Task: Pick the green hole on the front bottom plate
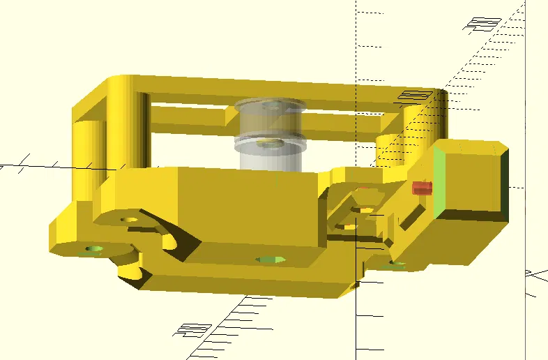271,260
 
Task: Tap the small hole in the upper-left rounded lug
130,220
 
